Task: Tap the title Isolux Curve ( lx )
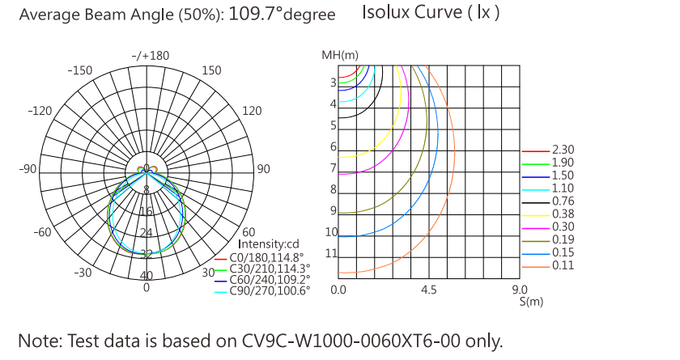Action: click(431, 13)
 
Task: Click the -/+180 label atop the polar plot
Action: click(150, 56)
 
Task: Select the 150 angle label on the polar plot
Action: click(210, 70)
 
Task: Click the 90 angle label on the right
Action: click(263, 169)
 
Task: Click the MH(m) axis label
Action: click(339, 55)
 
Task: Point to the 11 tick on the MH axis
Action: click(331, 253)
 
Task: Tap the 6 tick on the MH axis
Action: click(333, 146)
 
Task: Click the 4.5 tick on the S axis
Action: click(429, 289)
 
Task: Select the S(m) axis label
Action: click(530, 301)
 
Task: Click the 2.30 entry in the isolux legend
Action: click(563, 150)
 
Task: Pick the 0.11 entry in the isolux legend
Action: click(563, 265)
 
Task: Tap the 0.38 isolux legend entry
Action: click(563, 214)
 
